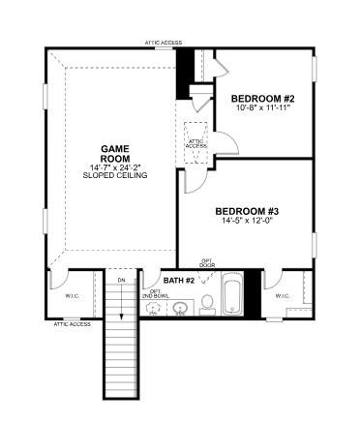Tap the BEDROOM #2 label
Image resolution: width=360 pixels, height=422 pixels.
[261, 99]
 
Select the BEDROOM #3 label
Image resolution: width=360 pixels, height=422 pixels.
[247, 211]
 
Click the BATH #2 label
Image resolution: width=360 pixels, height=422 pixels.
[179, 280]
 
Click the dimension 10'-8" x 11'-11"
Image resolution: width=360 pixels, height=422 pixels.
[261, 108]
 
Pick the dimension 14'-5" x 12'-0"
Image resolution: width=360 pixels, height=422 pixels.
[247, 222]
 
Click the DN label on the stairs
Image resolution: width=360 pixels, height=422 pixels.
[121, 282]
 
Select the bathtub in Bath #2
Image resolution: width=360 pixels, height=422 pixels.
[232, 296]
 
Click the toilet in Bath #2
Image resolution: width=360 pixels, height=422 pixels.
[206, 305]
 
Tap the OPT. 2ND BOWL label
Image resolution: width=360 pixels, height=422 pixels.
[155, 293]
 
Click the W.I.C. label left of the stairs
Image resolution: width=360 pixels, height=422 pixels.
[72, 296]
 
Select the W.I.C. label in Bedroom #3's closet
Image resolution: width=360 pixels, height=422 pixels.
[282, 295]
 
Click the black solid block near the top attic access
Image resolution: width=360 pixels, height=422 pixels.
[183, 72]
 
